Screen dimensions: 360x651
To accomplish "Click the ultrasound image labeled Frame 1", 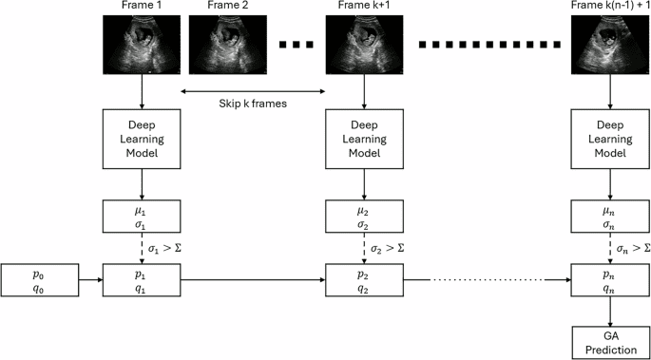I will pyautogui.click(x=142, y=45).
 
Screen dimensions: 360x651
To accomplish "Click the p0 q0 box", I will pyautogui.click(x=38, y=280).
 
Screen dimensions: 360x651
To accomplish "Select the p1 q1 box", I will pyautogui.click(x=142, y=280).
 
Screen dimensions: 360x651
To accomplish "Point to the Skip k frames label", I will pyautogui.click(x=253, y=103).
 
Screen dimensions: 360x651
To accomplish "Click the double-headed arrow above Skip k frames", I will pyautogui.click(x=253, y=91).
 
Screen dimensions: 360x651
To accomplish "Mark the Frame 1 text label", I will pyautogui.click(x=142, y=7).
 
